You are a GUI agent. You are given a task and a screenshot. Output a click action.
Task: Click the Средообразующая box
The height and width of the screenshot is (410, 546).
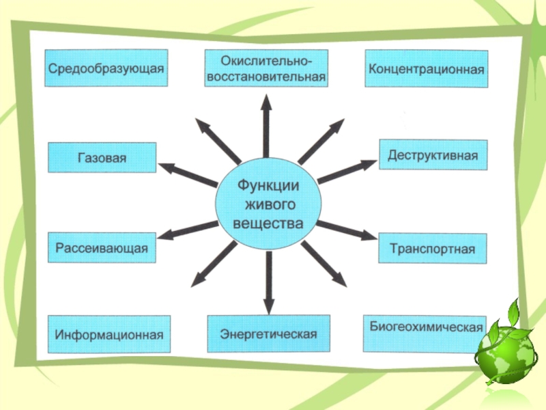click(106, 67)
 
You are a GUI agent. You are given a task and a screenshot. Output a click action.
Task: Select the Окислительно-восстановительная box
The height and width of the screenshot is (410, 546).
click(266, 68)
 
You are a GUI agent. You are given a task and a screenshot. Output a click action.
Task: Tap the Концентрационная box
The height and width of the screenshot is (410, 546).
click(427, 68)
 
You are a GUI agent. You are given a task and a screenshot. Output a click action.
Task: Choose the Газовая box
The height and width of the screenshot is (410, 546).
click(102, 157)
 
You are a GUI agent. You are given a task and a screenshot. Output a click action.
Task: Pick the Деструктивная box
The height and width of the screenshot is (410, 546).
click(433, 155)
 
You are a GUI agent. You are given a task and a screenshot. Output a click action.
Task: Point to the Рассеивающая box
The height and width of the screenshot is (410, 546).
click(102, 247)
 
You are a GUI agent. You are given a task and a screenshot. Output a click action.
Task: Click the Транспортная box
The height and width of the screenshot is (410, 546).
click(432, 248)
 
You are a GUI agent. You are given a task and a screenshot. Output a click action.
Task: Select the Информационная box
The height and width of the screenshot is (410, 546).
click(109, 334)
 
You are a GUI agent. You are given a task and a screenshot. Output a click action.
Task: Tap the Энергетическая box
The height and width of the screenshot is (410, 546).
click(268, 333)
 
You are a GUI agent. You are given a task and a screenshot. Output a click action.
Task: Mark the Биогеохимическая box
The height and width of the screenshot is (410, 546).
click(425, 333)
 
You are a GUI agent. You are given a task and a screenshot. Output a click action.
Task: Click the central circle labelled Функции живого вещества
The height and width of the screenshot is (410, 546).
click(268, 204)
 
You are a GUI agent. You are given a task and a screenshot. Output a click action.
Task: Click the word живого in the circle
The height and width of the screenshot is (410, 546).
click(268, 204)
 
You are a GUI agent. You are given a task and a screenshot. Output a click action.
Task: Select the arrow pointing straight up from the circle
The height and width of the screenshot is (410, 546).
click(266, 126)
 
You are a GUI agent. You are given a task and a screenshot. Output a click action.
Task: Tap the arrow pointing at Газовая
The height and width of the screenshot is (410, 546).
click(187, 174)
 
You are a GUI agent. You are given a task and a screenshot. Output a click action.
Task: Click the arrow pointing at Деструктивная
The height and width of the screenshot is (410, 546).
click(347, 172)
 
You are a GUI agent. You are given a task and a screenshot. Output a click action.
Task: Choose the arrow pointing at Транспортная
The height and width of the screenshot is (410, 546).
click(347, 231)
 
